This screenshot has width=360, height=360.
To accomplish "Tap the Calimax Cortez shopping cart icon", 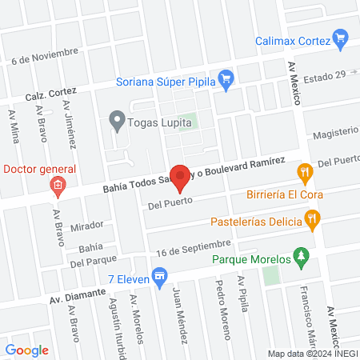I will pyautogui.click(x=342, y=37).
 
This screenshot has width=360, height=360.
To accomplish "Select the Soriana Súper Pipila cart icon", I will pyautogui.click(x=226, y=78).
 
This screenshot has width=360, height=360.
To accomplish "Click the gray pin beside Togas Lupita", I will pyautogui.click(x=118, y=122).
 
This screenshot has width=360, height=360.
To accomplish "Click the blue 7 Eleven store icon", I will pyautogui.click(x=160, y=278).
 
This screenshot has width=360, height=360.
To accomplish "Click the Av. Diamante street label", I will pyautogui.click(x=78, y=295).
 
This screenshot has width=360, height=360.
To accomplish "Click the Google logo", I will pyautogui.click(x=27, y=350).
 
